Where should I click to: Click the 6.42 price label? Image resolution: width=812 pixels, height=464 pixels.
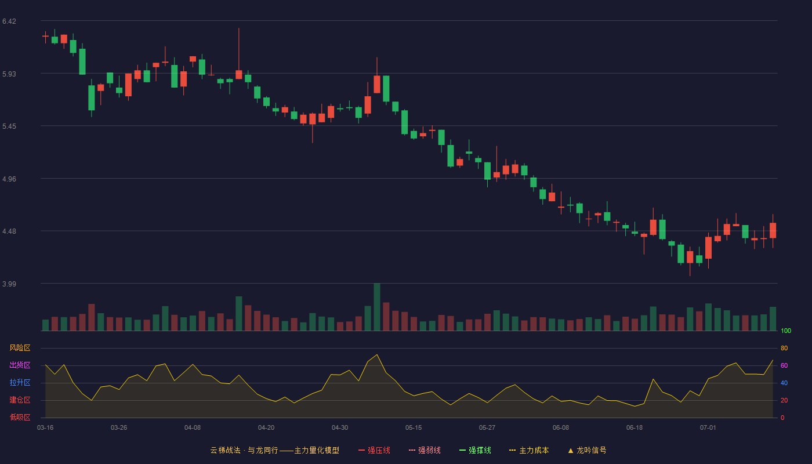point(9,21)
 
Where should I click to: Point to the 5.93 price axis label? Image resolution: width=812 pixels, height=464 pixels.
point(9,74)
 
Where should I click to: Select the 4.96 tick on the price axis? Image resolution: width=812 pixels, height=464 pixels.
point(9,179)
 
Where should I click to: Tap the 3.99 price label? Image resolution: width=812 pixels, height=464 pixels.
point(9,284)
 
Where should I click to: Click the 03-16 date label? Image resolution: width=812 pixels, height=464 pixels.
point(45,428)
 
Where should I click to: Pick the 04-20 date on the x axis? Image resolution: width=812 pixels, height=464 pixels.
point(266,428)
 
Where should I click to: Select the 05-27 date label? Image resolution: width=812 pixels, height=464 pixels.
point(487,428)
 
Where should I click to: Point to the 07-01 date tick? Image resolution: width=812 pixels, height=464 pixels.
point(708,428)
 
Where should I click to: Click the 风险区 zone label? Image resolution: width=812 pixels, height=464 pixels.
point(20,348)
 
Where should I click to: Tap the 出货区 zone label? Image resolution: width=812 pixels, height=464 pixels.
point(20,365)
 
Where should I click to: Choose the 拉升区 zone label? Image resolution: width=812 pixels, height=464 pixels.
point(20,382)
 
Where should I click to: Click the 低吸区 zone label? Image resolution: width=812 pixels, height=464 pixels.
point(20,417)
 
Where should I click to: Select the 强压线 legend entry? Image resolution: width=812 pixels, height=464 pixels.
point(374,450)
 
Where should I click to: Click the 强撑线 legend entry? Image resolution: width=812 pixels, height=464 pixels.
point(475,450)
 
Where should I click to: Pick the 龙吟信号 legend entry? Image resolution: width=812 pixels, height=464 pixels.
point(587,450)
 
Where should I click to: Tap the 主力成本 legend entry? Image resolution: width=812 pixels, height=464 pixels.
point(529,450)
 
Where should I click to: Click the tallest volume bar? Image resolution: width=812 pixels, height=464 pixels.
point(377,307)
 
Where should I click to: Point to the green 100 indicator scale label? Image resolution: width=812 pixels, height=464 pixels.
point(786,331)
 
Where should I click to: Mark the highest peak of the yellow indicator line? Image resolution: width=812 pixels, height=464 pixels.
point(377,354)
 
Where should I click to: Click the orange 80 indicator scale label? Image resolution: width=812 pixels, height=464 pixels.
point(784,348)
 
